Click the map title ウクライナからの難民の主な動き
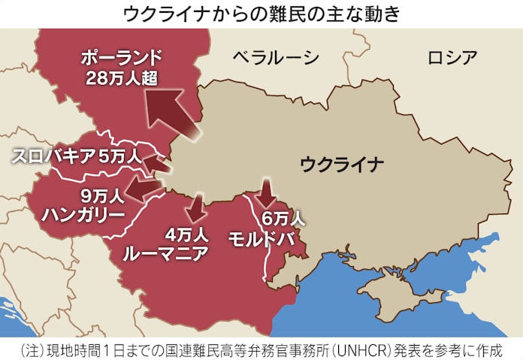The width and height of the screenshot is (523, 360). (x=261, y=13)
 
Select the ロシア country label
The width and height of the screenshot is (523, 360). (x=452, y=57)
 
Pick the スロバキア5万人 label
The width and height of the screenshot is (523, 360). (x=75, y=156)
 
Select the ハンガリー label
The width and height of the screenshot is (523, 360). (x=83, y=216)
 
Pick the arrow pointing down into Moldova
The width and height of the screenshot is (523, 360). (x=265, y=193)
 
